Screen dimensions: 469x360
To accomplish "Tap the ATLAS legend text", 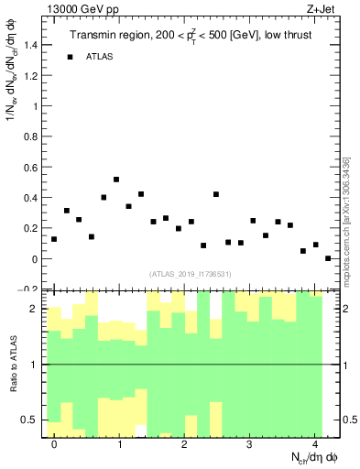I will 100,57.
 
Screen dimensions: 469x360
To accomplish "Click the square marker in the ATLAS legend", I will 70,57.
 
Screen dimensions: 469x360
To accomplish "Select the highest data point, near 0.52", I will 116,180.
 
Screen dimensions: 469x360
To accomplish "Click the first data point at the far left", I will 54,239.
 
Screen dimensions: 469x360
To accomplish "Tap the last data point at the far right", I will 328,258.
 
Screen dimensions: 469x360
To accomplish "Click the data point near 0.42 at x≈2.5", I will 216,194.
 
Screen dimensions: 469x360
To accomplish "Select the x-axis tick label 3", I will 250,444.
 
